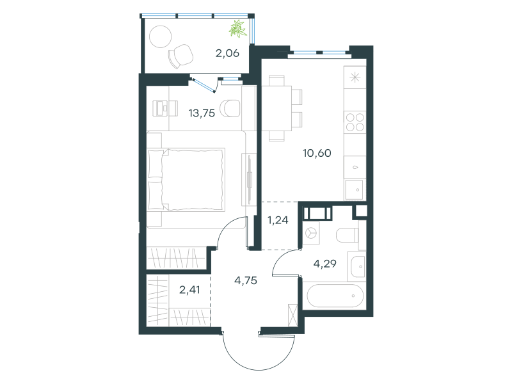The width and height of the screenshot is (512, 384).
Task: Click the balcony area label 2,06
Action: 227,53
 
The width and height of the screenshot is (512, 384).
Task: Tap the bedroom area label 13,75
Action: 202,113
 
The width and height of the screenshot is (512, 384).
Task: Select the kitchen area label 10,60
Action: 317,153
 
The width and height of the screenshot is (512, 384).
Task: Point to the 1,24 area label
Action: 278,220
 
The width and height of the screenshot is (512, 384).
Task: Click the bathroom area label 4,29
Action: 325,264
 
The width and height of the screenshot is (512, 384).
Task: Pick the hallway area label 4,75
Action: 246,280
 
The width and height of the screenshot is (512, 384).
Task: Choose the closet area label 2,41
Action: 189,290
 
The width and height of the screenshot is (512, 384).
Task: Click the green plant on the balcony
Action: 237,29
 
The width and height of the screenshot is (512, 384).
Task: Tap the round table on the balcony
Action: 161,36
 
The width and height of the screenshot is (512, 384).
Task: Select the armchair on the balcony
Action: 180,56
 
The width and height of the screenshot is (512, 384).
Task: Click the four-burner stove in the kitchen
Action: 355,122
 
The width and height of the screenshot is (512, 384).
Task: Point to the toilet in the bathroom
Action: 348,235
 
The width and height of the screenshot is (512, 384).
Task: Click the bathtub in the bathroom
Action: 335,296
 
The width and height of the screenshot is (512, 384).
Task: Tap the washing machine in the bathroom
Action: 311,233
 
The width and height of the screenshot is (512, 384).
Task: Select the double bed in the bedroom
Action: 186,179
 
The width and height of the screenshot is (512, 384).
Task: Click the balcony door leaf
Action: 204,85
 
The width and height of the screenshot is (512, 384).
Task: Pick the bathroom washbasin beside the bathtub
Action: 358,266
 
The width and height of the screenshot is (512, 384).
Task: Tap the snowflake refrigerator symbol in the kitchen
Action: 355,77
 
